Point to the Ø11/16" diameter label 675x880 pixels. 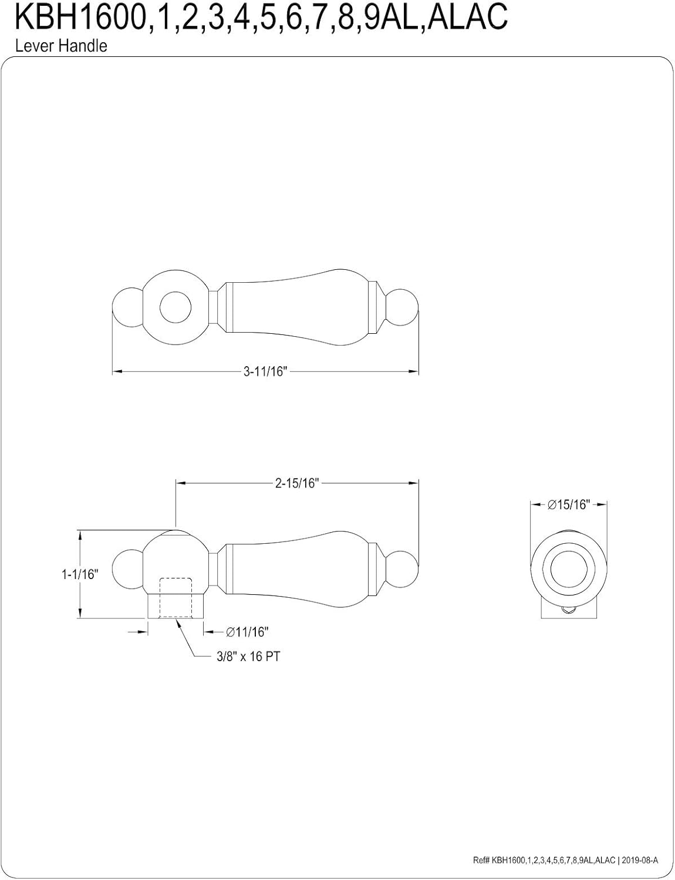pos(247,632)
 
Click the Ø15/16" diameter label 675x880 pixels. pos(568,505)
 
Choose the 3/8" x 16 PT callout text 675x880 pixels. pos(247,656)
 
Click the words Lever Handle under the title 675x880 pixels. pos(61,46)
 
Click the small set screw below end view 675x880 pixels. pos(568,611)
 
